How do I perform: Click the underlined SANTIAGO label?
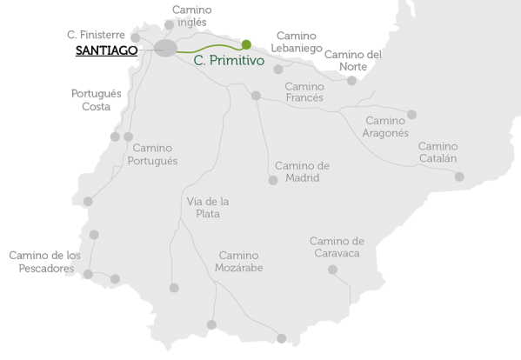(106, 51)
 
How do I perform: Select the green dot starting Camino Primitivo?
(246, 44)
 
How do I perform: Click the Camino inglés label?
(191, 16)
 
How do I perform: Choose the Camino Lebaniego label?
(297, 42)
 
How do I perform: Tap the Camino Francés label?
(304, 92)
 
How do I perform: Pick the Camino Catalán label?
(438, 153)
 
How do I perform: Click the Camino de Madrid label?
(302, 171)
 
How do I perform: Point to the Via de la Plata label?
(208, 207)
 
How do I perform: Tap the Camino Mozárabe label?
(238, 262)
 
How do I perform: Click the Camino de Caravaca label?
(336, 247)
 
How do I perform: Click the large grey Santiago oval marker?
(166, 49)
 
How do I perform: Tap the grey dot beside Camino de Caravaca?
(332, 270)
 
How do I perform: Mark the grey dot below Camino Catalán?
(459, 177)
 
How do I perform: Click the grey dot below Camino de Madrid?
(272, 180)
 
